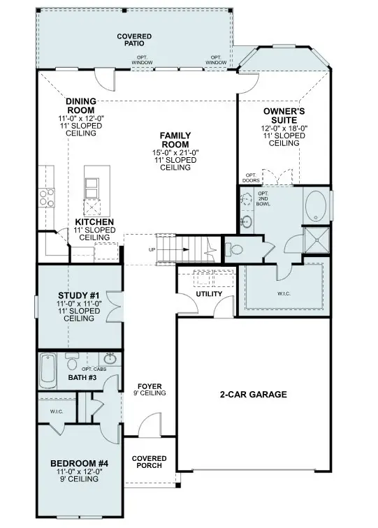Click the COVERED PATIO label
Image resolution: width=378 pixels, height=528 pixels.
(135, 40)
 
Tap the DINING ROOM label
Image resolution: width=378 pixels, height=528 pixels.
(81, 105)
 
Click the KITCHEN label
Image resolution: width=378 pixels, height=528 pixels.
(96, 222)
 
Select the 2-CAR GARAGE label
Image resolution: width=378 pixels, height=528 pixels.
(254, 395)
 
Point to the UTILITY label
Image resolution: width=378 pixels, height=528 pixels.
(209, 294)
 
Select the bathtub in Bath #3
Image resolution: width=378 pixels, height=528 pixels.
(48, 371)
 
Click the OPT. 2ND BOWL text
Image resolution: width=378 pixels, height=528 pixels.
(264, 200)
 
